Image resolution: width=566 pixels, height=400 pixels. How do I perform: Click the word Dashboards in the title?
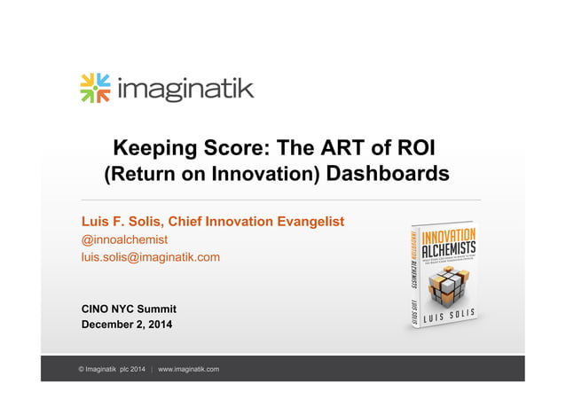(388, 173)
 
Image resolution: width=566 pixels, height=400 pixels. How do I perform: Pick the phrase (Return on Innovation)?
(212, 174)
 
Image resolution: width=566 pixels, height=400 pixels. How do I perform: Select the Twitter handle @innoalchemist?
(124, 239)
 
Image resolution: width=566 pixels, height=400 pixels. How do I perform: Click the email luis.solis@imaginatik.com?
(150, 257)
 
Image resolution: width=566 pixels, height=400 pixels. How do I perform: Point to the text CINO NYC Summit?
(129, 309)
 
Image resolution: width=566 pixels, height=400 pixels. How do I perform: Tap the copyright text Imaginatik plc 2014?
(112, 369)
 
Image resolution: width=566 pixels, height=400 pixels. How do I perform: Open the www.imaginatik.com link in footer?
(188, 369)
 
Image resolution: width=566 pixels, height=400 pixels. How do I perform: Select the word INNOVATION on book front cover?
(449, 237)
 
